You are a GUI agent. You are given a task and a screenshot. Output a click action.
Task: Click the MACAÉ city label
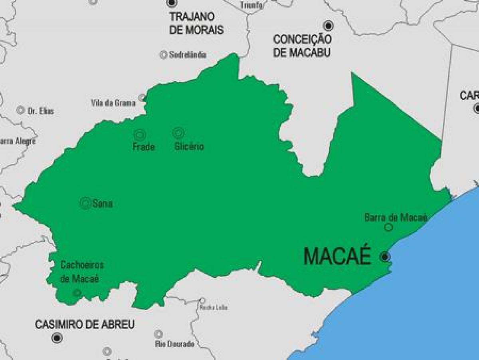[337, 257]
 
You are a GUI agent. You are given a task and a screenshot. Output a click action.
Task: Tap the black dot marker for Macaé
[385, 257]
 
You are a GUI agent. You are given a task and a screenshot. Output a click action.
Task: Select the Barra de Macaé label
[396, 217]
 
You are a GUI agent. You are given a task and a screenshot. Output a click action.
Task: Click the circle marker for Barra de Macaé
[388, 227]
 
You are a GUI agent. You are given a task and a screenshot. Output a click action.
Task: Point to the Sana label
[102, 204]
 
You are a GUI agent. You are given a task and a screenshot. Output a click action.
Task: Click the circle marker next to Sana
[85, 203]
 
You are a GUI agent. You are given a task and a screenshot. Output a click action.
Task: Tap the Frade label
[144, 147]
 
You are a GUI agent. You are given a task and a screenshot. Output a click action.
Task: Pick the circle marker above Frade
[139, 135]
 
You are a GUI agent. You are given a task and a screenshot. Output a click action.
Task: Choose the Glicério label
[189, 147]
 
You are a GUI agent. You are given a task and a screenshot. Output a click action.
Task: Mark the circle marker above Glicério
[178, 133]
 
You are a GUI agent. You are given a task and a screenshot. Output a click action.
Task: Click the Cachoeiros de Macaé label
[82, 272]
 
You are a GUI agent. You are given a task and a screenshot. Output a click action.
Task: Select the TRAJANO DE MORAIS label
[196, 23]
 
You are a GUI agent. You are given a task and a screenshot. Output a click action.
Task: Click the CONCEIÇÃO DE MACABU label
[302, 46]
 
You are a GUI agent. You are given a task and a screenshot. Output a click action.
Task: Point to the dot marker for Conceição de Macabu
[328, 26]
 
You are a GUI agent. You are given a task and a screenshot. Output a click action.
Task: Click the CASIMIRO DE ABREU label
[85, 324]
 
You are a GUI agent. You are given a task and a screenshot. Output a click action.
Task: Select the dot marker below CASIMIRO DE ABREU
[57, 338]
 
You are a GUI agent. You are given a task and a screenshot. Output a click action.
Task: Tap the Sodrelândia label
[188, 55]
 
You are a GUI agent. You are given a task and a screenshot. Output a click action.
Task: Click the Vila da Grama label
[113, 103]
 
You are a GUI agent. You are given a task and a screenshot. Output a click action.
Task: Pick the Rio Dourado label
[174, 344]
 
